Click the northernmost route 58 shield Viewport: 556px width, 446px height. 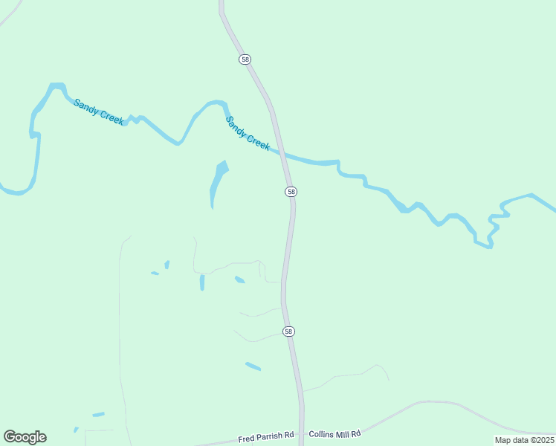click(x=245, y=59)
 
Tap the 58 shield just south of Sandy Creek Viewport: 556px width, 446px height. click(x=291, y=192)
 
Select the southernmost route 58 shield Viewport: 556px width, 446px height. click(x=288, y=331)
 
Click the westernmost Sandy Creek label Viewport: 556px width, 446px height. click(x=98, y=111)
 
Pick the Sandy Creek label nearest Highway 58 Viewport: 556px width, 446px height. click(x=248, y=134)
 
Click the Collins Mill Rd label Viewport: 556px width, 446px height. click(x=334, y=433)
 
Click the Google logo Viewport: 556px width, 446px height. click(x=25, y=437)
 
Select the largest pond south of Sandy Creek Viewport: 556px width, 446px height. click(x=217, y=181)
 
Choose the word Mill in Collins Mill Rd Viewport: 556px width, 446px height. click(x=342, y=433)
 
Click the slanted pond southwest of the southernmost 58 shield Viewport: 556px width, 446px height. click(x=253, y=366)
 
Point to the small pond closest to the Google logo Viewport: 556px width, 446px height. click(x=76, y=430)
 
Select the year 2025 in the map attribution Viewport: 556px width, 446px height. click(x=543, y=440)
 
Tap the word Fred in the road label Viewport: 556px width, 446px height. click(x=246, y=439)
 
